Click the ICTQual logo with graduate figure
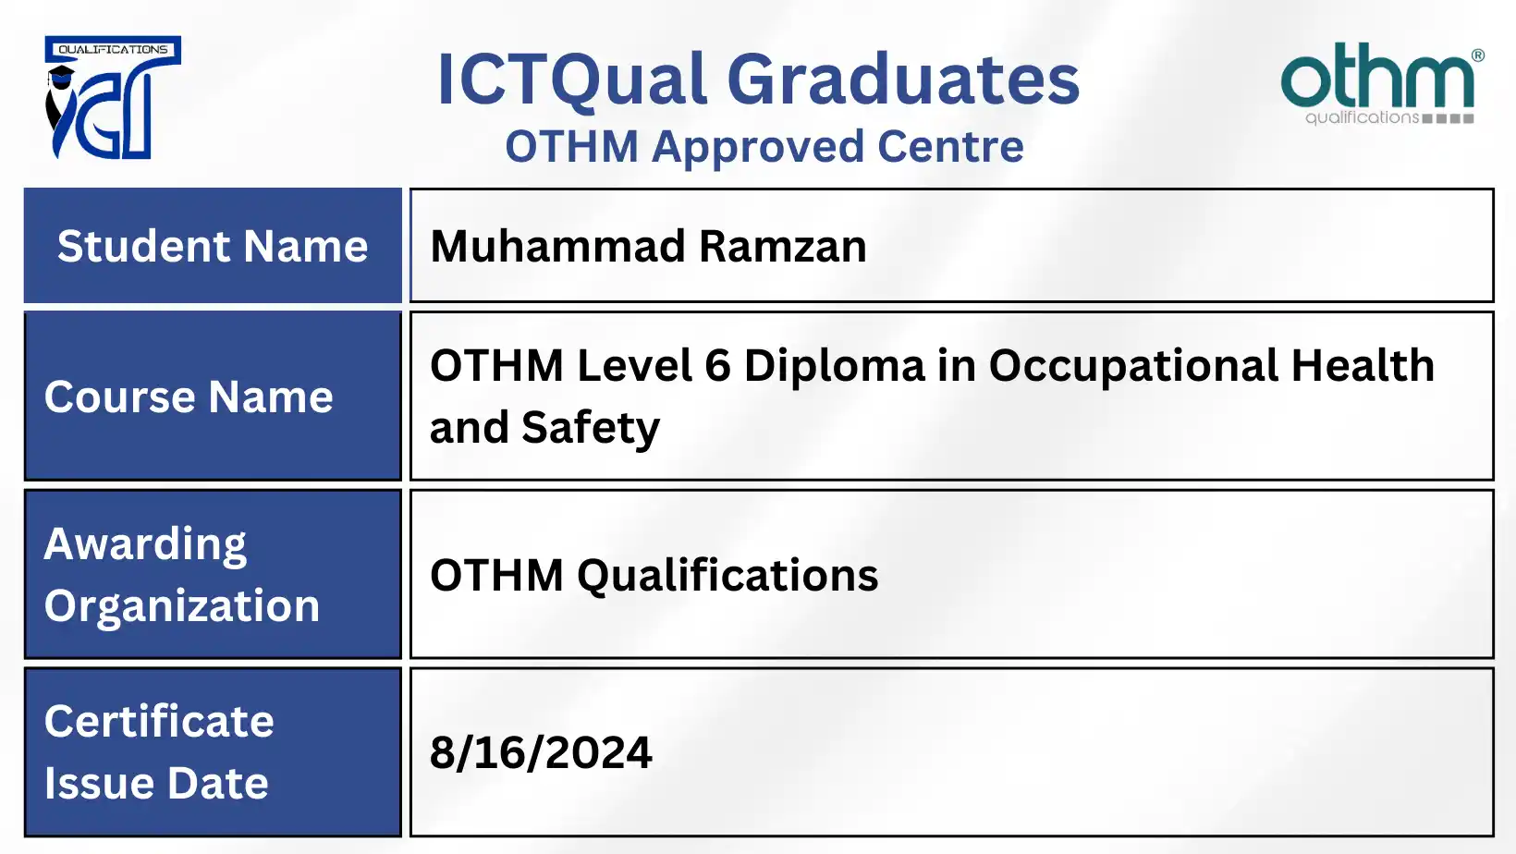click(x=112, y=98)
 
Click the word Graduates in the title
click(x=903, y=79)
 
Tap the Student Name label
click(x=213, y=246)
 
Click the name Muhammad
click(x=557, y=246)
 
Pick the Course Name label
click(x=189, y=396)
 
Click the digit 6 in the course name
click(x=717, y=365)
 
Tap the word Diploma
click(x=834, y=365)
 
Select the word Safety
click(x=591, y=428)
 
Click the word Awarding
click(x=145, y=544)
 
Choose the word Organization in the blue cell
click(x=181, y=606)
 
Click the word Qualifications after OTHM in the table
click(x=727, y=575)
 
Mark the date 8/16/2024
click(x=541, y=752)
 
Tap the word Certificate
click(x=159, y=721)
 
